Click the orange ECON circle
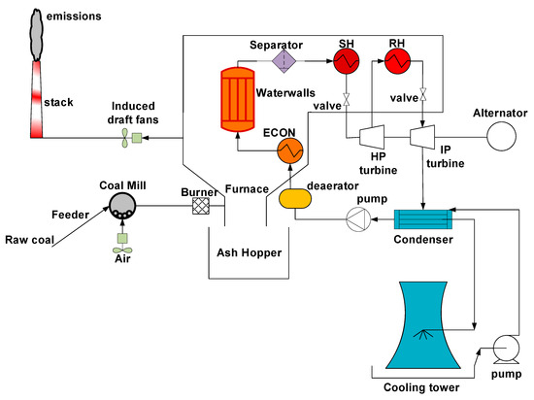(290, 150)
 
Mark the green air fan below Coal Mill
(122, 237)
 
